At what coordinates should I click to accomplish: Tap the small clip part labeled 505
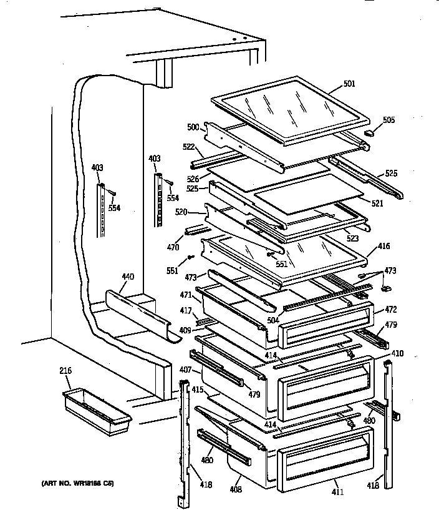click(370, 132)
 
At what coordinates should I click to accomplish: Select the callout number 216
click(66, 371)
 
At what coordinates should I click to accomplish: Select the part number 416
click(383, 247)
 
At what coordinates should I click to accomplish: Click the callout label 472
click(390, 309)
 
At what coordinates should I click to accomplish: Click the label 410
click(397, 353)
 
